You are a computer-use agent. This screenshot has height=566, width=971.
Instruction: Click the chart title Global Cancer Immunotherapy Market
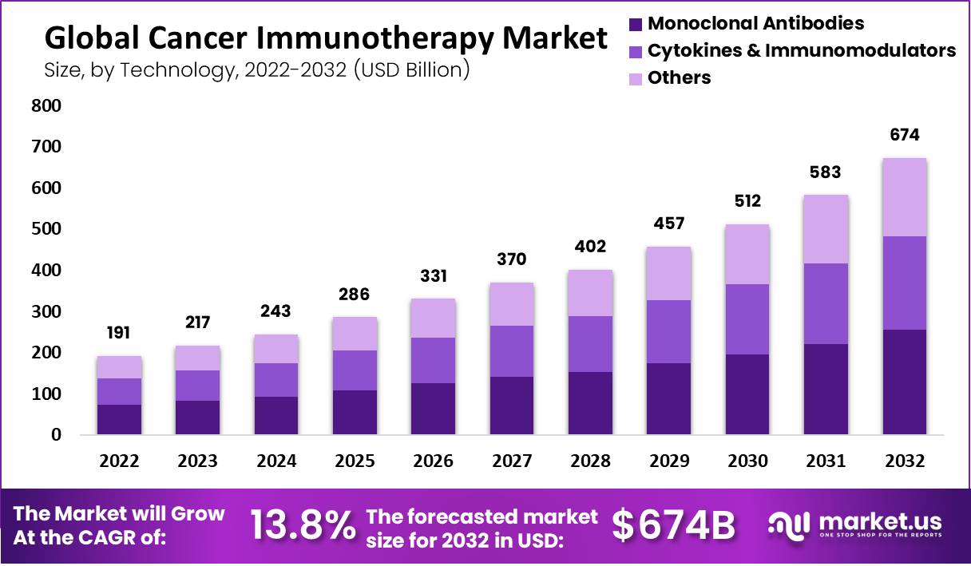(325, 37)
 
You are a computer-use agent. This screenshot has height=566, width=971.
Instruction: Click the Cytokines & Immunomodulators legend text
(801, 51)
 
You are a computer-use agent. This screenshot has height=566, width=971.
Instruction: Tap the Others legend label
(679, 78)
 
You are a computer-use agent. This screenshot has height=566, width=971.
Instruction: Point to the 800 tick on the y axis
(46, 106)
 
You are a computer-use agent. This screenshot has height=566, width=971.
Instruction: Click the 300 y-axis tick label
(46, 312)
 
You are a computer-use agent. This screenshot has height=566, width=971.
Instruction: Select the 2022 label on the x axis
(119, 461)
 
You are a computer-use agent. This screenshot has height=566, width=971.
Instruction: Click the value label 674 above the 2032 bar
(906, 135)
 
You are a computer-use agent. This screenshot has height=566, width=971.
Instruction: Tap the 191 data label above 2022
(119, 333)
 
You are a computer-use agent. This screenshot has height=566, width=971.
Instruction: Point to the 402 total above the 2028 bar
(591, 247)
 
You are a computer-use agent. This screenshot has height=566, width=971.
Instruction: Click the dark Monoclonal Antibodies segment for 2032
(906, 382)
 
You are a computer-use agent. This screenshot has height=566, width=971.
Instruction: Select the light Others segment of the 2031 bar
(826, 229)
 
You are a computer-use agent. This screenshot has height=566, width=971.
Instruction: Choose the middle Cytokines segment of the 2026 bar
(434, 360)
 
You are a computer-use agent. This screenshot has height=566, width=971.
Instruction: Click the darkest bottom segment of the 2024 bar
(276, 415)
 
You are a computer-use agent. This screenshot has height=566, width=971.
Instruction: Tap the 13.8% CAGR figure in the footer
(303, 525)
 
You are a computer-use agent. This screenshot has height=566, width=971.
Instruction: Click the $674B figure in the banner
(673, 525)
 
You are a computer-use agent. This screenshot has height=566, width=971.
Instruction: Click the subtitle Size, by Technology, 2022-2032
(256, 70)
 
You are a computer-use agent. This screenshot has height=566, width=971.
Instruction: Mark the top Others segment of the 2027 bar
(512, 304)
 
